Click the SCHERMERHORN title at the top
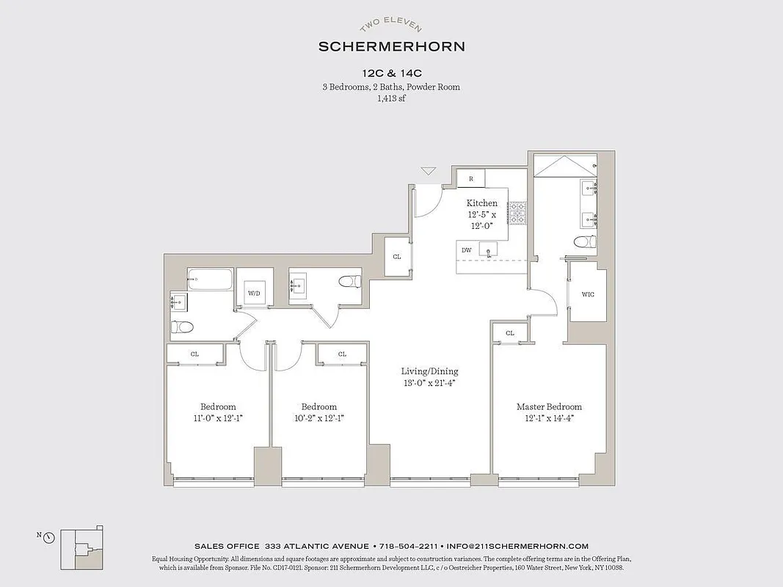tap(391, 46)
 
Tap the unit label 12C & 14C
tap(391, 73)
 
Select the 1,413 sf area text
tap(391, 98)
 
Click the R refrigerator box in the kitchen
tap(470, 178)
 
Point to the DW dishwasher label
tap(467, 250)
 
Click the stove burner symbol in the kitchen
tap(518, 214)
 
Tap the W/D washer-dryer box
tap(254, 293)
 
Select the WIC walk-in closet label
tap(588, 295)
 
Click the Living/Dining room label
tap(429, 371)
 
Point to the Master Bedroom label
tap(549, 406)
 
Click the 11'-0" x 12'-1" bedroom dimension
tap(218, 418)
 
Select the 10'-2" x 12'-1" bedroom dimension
tap(319, 418)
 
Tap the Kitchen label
tap(482, 203)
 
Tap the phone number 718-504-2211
tap(408, 546)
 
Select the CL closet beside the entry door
tap(397, 257)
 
